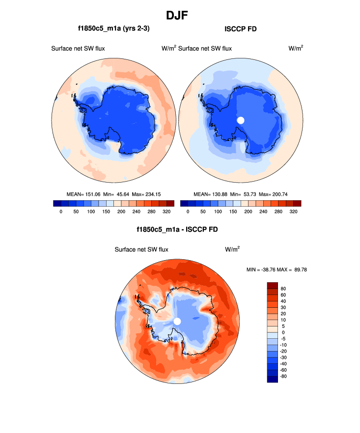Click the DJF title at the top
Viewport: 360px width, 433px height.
point(180,15)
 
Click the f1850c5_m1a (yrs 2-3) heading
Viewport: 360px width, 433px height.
point(113,29)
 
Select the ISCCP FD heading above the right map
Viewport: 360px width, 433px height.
point(241,29)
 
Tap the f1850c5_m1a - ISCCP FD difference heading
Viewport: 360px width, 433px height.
point(177,229)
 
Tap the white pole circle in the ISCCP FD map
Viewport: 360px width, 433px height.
point(241,120)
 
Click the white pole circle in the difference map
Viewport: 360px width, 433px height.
point(177,321)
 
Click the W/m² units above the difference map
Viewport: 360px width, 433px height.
point(232,249)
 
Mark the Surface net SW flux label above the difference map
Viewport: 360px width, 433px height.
point(141,249)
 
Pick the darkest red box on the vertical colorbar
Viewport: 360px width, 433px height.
point(273,285)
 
